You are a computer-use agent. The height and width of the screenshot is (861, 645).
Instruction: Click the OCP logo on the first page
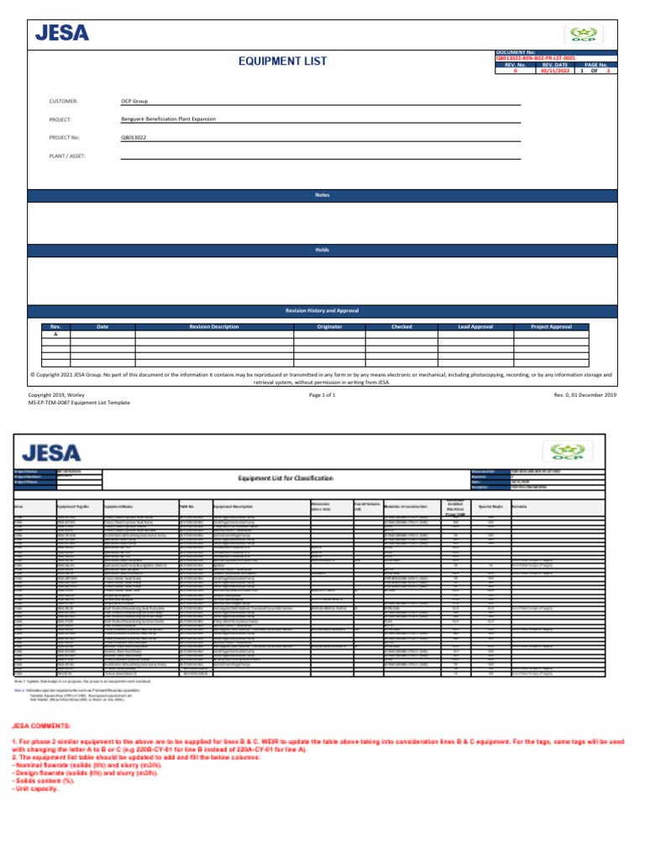583,34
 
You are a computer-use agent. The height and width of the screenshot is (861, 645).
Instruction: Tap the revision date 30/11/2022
556,71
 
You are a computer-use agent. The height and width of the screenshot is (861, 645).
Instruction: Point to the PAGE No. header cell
596,64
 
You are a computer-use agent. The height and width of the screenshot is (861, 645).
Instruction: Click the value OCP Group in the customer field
134,101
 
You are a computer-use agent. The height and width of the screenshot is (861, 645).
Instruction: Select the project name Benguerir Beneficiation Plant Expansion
168,119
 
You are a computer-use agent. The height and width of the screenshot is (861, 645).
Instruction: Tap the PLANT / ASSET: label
68,156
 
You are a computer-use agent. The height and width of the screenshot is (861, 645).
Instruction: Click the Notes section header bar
322,195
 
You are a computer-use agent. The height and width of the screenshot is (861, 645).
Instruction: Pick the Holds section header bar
322,251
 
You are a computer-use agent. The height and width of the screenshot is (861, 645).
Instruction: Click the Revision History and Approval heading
322,310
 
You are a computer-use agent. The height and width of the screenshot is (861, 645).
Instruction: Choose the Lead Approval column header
475,326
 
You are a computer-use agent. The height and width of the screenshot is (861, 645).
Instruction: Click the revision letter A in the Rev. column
56,334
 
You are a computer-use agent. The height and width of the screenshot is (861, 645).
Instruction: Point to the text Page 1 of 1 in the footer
322,394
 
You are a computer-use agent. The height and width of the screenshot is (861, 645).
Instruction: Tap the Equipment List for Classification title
286,478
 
